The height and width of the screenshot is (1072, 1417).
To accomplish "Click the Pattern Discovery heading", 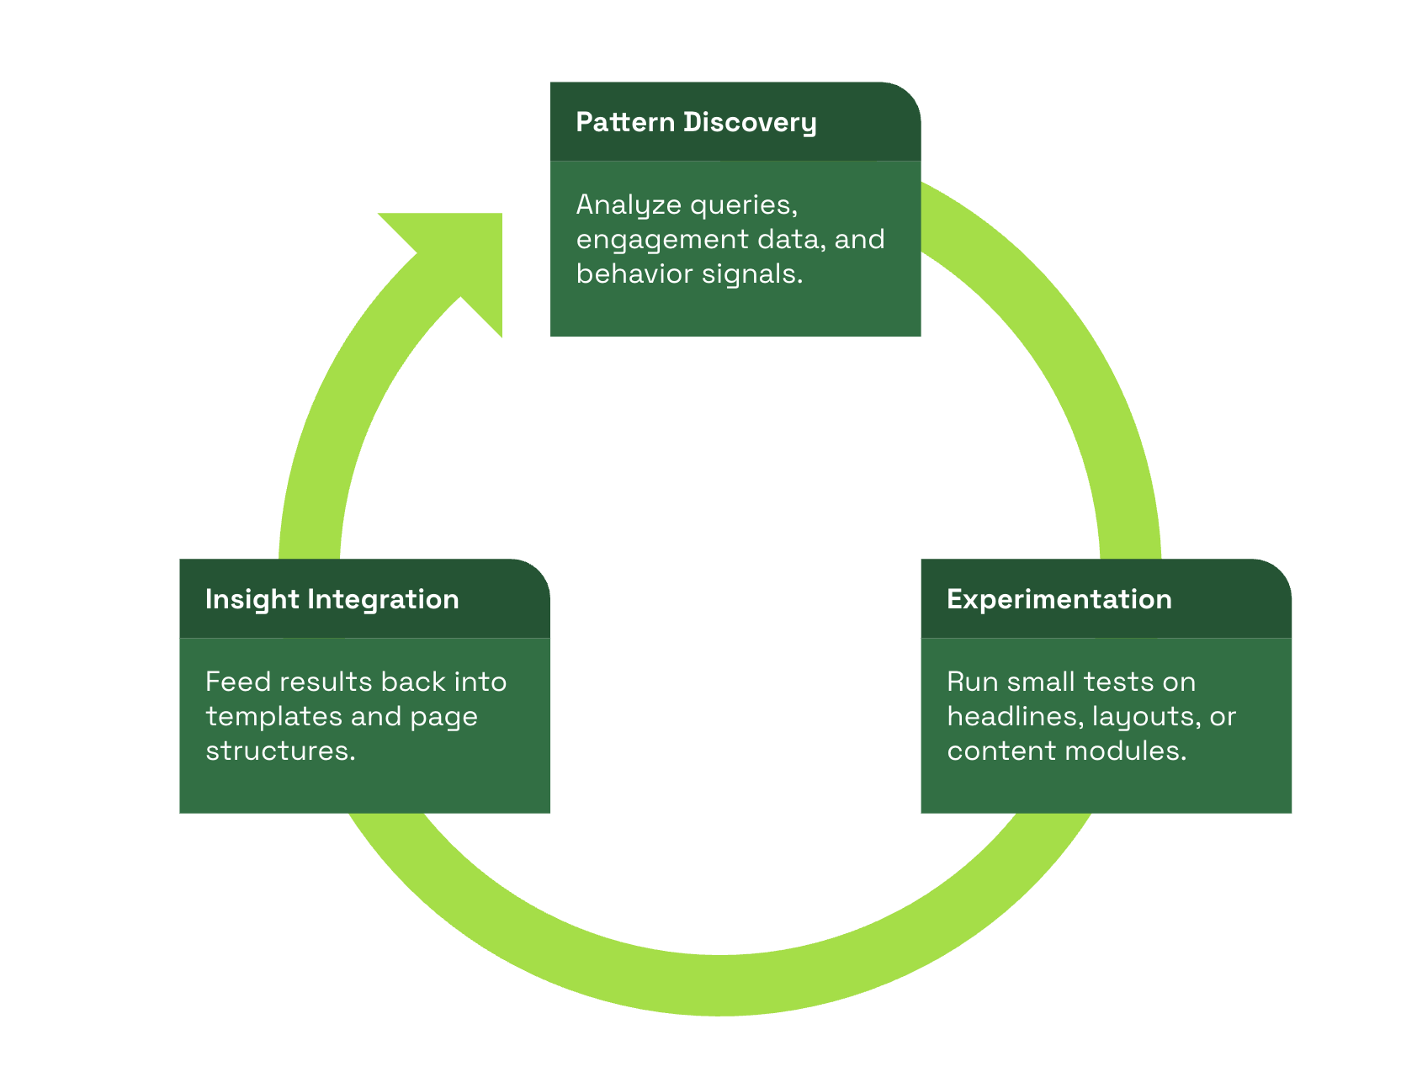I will click(x=696, y=123).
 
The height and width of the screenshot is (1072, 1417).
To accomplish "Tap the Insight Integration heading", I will click(x=332, y=599).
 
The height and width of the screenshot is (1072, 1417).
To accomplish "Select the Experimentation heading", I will click(x=1059, y=599).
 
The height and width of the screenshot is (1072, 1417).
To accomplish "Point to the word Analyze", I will click(x=628, y=205).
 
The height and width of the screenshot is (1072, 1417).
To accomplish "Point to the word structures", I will click(x=280, y=751).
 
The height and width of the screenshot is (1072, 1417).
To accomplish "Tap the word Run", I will click(x=972, y=682).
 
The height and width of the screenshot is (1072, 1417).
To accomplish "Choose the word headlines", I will click(x=1015, y=716).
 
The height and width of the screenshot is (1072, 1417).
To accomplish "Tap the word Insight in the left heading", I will click(x=252, y=599).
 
